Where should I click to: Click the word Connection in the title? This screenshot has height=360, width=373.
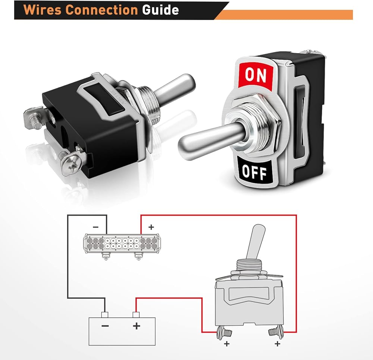pyautogui.click(x=101, y=10)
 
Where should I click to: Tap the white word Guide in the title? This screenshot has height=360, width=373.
pyautogui.click(x=160, y=10)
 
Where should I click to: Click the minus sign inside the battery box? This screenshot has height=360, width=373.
pyautogui.click(x=105, y=326)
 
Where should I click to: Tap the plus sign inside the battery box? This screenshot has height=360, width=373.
pyautogui.click(x=137, y=326)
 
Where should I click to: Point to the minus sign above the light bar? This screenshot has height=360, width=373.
pyautogui.click(x=95, y=227)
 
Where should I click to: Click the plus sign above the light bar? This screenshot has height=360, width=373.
pyautogui.click(x=151, y=227)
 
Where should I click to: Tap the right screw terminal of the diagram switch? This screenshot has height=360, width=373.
pyautogui.click(x=276, y=332)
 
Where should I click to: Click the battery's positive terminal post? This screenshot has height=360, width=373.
pyautogui.click(x=136, y=315)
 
